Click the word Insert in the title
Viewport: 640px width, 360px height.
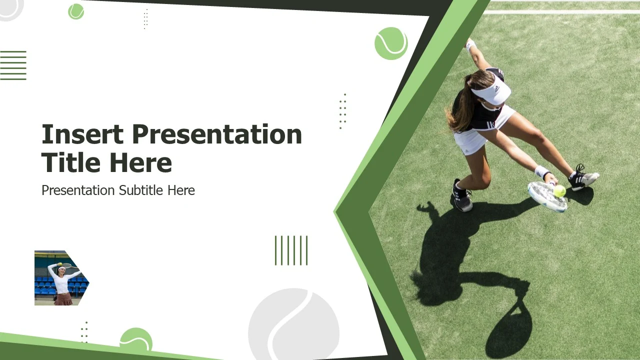pyautogui.click(x=82, y=134)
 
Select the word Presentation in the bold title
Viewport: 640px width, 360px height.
pyautogui.click(x=217, y=134)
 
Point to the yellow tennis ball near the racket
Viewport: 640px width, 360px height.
pyautogui.click(x=559, y=191)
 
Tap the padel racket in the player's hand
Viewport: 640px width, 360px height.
pyautogui.click(x=547, y=196)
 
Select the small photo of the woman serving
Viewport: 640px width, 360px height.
pyautogui.click(x=61, y=277)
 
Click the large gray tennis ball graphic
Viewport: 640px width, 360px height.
pyautogui.click(x=293, y=324)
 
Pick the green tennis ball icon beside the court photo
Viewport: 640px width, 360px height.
pyautogui.click(x=391, y=43)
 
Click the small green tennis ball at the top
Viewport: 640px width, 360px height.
pyautogui.click(x=76, y=11)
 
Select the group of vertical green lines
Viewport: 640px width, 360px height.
pyautogui.click(x=291, y=250)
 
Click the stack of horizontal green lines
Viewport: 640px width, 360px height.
pyautogui.click(x=13, y=65)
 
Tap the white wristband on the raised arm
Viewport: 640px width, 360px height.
pyautogui.click(x=470, y=45)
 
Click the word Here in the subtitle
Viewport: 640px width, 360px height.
pyautogui.click(x=181, y=190)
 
